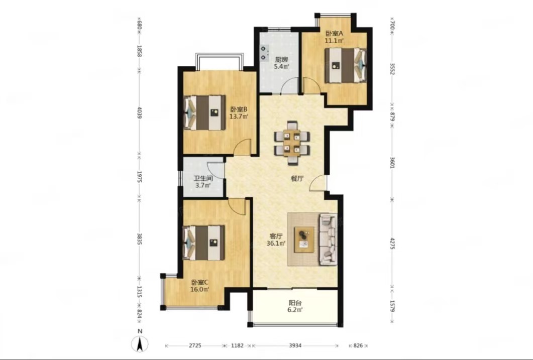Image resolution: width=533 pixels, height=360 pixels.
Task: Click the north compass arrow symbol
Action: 140,344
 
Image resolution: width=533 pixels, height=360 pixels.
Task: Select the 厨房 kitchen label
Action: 282,59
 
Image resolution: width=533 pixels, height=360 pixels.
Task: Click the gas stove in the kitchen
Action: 264,53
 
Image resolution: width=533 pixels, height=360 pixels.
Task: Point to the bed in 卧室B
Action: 204,112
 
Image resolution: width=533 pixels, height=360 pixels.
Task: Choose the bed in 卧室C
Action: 204,243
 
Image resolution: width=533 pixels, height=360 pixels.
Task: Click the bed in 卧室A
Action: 346,66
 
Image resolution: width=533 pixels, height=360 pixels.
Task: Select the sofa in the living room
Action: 328,239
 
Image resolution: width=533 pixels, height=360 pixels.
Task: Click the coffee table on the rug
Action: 304,239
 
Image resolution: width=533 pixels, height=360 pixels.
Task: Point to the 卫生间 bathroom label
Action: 203,178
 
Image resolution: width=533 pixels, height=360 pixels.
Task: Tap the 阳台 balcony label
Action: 295,303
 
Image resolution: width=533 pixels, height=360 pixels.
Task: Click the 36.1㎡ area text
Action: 276,243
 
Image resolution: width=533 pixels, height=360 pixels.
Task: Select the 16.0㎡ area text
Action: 200,289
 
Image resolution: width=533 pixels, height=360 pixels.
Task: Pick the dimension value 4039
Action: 139,112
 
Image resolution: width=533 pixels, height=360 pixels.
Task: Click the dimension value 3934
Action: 295,346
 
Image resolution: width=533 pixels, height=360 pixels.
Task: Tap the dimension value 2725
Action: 195,346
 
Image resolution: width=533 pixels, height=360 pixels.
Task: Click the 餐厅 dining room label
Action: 297,179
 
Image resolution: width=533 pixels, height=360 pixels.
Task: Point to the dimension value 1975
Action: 139,177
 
